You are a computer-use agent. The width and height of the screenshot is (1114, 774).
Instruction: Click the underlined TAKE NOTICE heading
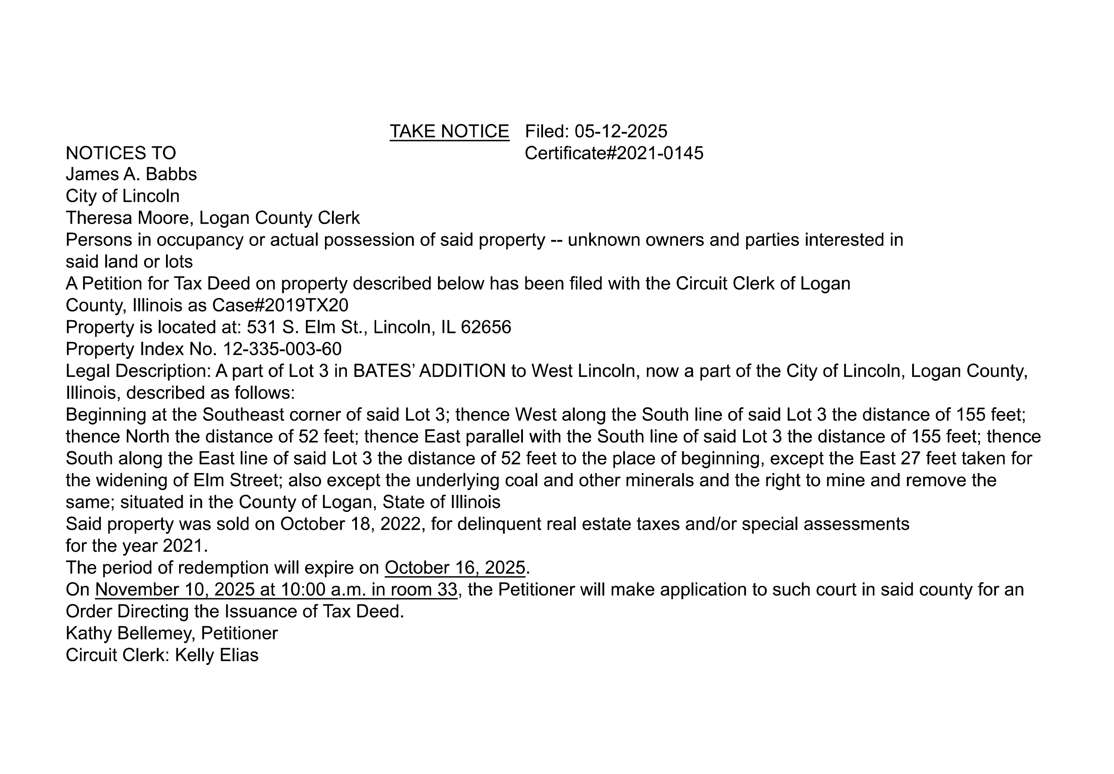pyautogui.click(x=449, y=131)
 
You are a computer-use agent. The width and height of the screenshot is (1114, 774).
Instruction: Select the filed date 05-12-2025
pyautogui.click(x=621, y=131)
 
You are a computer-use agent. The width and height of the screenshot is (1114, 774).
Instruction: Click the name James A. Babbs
pyautogui.click(x=131, y=174)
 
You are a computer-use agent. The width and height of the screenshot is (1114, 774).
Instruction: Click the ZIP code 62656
pyautogui.click(x=486, y=327)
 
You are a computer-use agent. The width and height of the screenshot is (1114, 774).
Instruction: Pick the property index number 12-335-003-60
pyautogui.click(x=282, y=349)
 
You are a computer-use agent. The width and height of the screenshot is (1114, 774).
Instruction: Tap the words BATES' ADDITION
pyautogui.click(x=429, y=371)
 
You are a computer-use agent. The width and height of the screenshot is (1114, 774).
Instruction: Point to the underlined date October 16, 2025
pyautogui.click(x=455, y=567)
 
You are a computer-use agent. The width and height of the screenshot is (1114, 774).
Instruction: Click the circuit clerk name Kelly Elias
pyautogui.click(x=216, y=655)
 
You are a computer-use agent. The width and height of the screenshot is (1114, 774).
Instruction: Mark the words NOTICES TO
pyautogui.click(x=121, y=153)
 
